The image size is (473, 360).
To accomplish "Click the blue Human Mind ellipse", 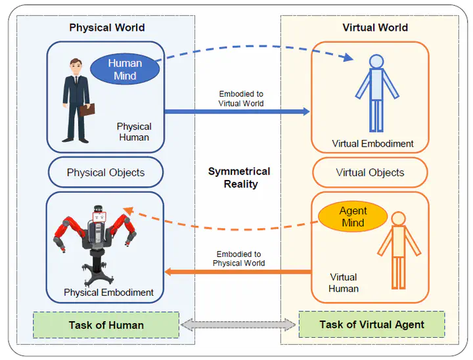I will [124, 70].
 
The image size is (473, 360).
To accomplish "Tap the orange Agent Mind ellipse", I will [353, 217].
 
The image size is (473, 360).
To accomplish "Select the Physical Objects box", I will [105, 173].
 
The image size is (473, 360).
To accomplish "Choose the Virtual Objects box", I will [370, 173].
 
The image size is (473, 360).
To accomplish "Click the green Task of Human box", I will [106, 325].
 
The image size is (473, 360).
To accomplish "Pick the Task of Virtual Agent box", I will [371, 325].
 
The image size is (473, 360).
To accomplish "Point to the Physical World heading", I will [106, 28].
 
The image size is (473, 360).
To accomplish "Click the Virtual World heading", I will [375, 28].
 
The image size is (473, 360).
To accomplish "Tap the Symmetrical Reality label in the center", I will [238, 177].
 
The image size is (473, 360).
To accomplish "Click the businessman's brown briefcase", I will [87, 109].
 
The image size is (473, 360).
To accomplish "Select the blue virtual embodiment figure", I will [376, 92].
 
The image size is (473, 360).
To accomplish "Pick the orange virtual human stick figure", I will [398, 250].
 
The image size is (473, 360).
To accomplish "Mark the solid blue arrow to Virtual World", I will [236, 112].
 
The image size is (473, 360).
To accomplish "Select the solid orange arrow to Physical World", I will [236, 271].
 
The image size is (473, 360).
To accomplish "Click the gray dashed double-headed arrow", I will [238, 325].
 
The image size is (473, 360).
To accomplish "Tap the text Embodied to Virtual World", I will [241, 99].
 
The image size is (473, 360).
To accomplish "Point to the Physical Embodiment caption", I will [108, 292].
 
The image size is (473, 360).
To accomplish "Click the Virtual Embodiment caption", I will [372, 144].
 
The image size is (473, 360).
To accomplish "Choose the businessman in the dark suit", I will [76, 99].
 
